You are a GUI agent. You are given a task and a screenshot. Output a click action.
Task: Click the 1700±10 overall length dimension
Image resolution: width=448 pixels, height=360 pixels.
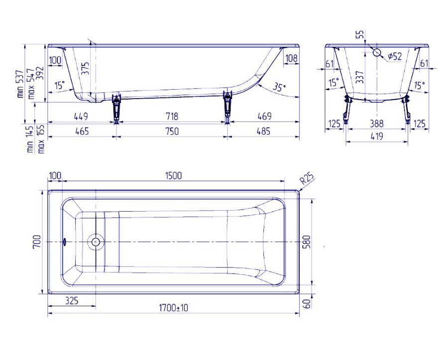(173, 308)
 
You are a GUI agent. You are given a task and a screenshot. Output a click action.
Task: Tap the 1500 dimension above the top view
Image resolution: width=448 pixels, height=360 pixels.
(173, 175)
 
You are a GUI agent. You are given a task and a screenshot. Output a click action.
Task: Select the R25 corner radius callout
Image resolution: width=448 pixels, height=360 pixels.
(307, 179)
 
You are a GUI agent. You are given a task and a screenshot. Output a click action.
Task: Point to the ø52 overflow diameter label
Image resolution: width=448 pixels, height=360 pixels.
(395, 57)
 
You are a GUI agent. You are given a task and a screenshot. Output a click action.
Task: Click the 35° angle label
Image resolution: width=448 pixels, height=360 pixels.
(279, 86)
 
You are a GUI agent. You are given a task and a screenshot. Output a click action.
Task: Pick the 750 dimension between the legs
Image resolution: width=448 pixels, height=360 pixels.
(172, 131)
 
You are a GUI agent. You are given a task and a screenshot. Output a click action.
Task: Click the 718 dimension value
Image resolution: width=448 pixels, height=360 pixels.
(172, 116)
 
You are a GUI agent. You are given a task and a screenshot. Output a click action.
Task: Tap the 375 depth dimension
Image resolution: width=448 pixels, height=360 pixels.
(85, 69)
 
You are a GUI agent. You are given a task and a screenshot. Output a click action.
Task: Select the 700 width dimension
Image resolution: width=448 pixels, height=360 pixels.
(37, 241)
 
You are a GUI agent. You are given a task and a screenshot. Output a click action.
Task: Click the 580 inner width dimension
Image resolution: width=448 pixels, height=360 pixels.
(306, 241)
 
